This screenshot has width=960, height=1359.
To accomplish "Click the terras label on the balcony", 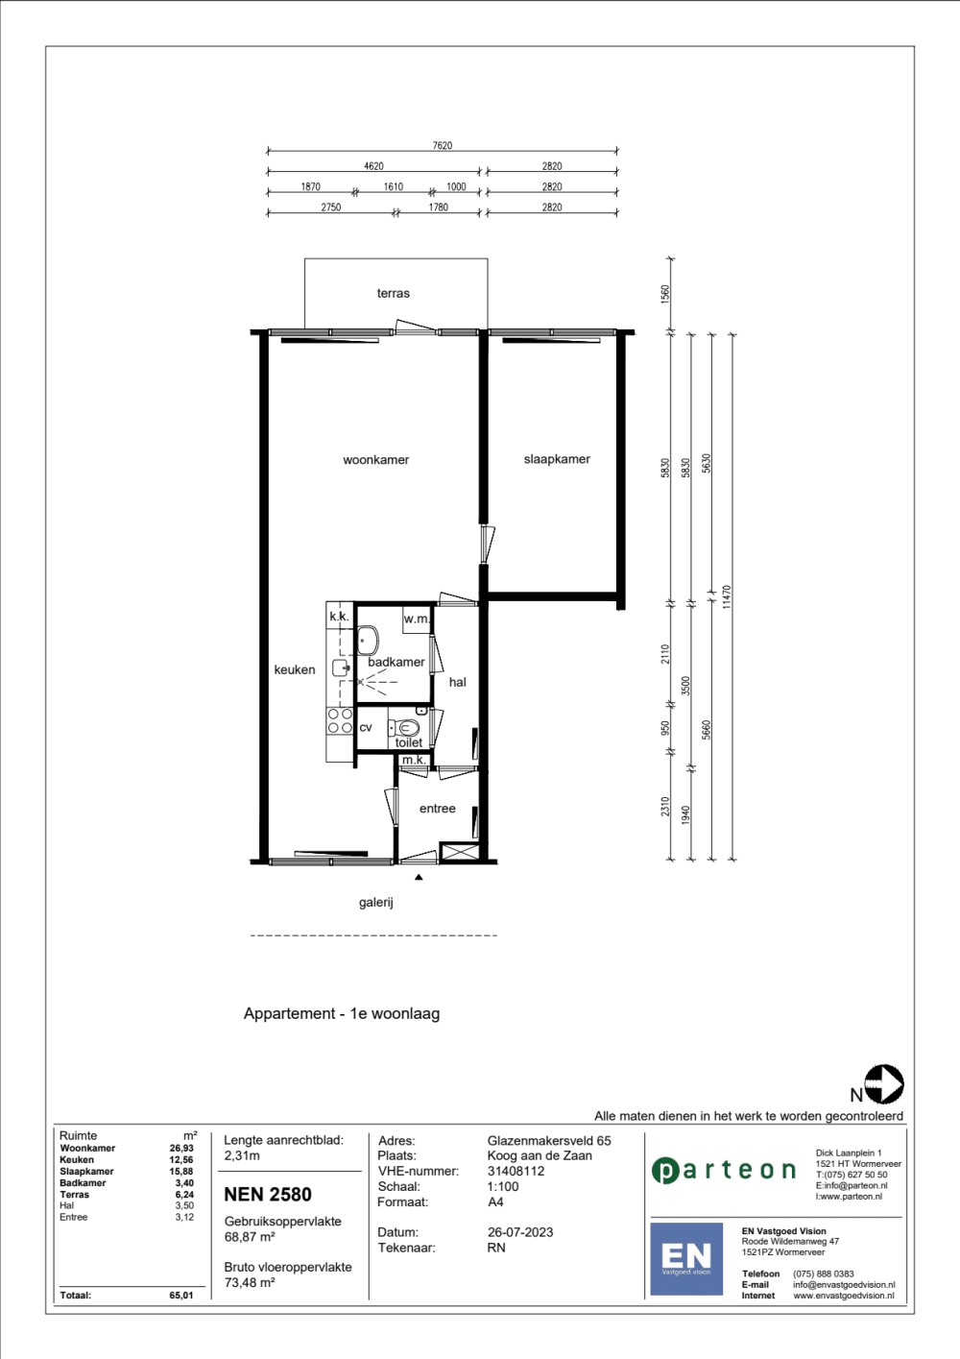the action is pos(393,294).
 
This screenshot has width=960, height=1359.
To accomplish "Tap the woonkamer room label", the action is pos(376,460).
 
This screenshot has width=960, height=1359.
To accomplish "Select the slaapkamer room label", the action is pos(557,459).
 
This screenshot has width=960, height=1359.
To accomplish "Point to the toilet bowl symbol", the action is pos(404,727).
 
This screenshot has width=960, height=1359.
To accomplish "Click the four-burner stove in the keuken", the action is pos(340,720).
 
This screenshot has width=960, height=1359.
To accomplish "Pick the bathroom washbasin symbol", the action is pos(368,640).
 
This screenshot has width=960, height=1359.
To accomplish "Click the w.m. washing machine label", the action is pos(417,619).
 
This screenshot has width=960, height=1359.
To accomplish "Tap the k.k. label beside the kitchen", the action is pos(339,617).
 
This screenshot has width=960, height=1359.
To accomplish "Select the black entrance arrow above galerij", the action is pos(419,877).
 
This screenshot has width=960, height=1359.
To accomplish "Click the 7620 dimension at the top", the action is pos(443,146).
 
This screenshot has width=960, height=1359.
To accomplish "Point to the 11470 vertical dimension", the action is pos(728,597).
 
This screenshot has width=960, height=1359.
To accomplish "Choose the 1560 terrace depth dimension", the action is pos(665,295).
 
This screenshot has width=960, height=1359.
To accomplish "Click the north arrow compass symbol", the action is pos(884,1084).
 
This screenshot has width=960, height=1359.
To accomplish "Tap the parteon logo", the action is pos(724,1171).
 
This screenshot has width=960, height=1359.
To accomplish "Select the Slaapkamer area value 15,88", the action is pos(181,1172).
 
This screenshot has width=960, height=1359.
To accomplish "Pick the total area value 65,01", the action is pos(181,1296).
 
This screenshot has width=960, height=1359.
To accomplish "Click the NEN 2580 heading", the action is pos(268,1194).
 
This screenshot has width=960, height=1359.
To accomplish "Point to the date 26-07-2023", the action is pos(520,1232).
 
